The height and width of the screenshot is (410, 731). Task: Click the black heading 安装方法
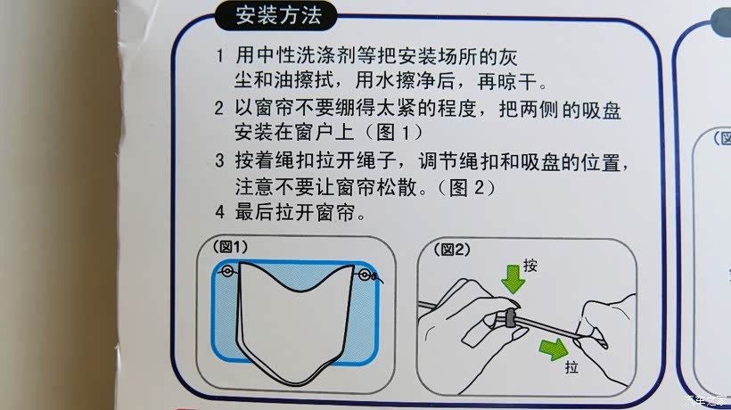coord(278,15)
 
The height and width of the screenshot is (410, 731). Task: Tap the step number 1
coord(219,56)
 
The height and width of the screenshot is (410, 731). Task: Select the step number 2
coord(219,108)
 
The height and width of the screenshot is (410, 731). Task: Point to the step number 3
coord(219,160)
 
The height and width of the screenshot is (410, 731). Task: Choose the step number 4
coord(219,212)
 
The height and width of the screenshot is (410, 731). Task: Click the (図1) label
coord(230,247)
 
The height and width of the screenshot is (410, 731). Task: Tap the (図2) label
coord(452,250)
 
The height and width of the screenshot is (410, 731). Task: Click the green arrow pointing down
coord(513,279)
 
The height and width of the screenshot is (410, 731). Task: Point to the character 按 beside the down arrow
coord(530,266)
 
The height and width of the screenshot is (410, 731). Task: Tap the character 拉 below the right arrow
coord(571,367)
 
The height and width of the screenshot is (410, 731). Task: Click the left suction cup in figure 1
coord(227,271)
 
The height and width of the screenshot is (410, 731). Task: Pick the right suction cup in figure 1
coord(365,275)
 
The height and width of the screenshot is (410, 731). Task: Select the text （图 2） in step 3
coord(466,188)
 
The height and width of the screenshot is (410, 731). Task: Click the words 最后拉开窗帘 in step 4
coord(296,213)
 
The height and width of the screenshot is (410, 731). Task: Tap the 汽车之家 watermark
coord(706,399)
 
